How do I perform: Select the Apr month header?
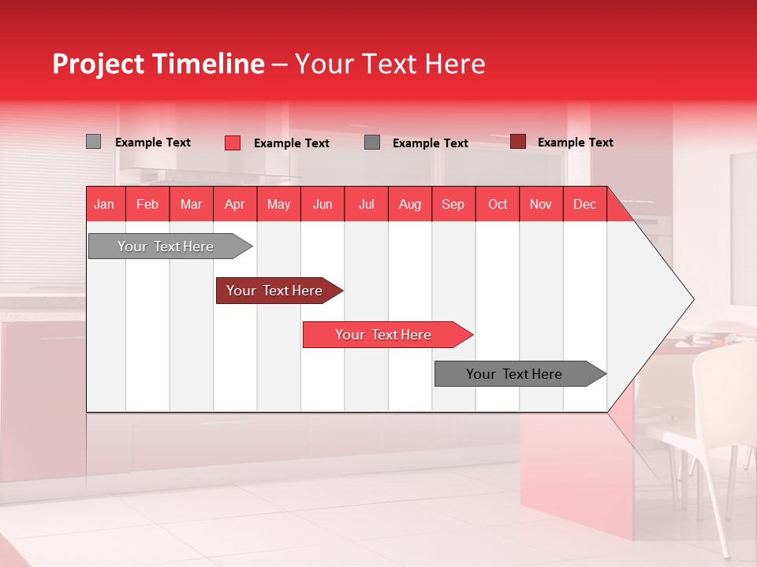click(x=235, y=204)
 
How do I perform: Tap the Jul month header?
click(x=367, y=204)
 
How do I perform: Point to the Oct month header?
click(x=498, y=204)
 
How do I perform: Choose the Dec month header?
click(x=585, y=204)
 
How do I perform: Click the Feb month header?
click(x=147, y=204)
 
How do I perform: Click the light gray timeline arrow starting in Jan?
click(x=170, y=246)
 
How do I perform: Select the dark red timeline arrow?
click(x=279, y=291)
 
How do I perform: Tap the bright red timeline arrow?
click(x=388, y=335)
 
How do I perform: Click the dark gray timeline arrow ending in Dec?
click(x=520, y=373)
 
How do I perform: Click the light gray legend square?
click(x=93, y=141)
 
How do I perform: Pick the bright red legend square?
click(x=233, y=143)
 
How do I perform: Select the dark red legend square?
click(x=518, y=141)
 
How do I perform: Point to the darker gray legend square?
click(x=372, y=143)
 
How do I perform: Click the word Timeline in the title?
click(x=209, y=64)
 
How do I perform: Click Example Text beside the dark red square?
click(x=576, y=143)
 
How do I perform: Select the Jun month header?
click(x=323, y=204)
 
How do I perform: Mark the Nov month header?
click(x=541, y=204)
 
